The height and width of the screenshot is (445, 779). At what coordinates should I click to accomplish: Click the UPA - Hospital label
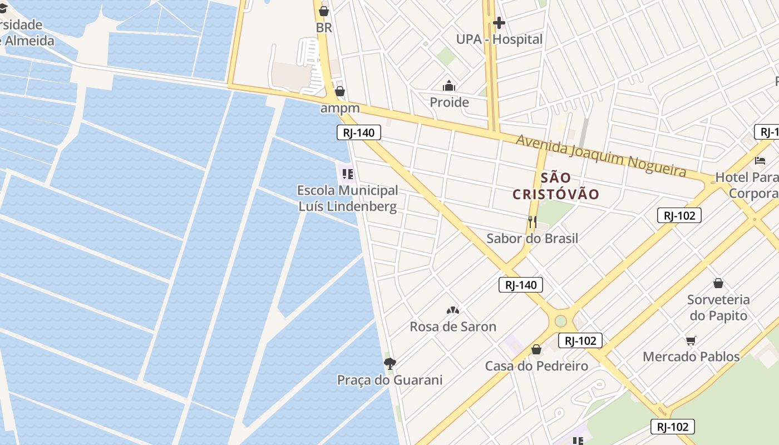coord(499,39)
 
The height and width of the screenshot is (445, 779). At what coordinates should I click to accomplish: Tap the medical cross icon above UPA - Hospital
coord(499,23)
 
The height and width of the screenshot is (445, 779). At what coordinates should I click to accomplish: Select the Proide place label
coord(449,102)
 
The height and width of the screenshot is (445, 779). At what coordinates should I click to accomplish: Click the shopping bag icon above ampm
coord(340,91)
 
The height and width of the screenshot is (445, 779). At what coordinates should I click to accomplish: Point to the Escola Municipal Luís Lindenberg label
coord(348,199)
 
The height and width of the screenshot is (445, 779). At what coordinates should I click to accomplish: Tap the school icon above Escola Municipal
coord(348,174)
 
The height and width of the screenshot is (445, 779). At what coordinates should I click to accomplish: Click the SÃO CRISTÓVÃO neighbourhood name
coord(556,186)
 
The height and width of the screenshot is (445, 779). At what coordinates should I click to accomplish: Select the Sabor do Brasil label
coord(532,239)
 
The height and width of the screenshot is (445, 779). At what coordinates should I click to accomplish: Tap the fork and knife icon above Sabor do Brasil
coord(532,222)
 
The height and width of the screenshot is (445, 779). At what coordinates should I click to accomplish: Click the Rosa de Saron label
coord(453,327)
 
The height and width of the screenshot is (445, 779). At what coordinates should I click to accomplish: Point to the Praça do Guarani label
coord(390,380)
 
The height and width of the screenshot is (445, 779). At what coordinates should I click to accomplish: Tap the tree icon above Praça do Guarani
coord(390,364)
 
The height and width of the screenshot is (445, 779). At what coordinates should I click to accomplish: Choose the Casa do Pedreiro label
coord(536,366)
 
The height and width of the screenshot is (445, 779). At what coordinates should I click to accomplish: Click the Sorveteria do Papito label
coord(718,308)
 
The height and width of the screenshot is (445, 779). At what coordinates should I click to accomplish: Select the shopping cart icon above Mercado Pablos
coord(691,340)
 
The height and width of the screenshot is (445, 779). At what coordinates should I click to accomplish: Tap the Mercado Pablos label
coord(691,357)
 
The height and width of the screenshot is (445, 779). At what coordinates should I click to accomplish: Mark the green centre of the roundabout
coord(560,322)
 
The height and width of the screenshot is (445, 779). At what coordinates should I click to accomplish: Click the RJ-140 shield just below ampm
coord(359,132)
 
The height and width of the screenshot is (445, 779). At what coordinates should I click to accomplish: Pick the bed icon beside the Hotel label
coord(760,161)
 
